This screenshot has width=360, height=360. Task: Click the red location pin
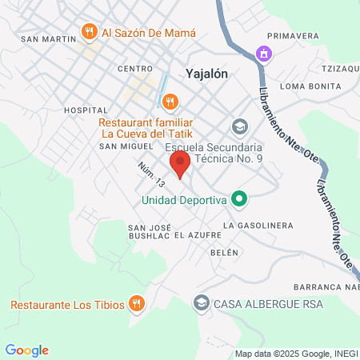(180, 165)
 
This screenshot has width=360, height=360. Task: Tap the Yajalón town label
(207, 73)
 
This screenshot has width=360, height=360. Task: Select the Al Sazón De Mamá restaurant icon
(89, 33)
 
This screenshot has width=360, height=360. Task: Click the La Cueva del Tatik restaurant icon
(169, 102)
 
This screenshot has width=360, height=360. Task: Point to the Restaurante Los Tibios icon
(137, 303)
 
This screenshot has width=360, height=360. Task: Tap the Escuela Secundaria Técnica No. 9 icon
(238, 126)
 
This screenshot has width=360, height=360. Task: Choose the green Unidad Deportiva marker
(238, 198)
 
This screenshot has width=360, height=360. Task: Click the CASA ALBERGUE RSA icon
(202, 303)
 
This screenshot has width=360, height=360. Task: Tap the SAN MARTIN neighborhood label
(43, 38)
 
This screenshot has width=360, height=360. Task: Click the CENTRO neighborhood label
(134, 69)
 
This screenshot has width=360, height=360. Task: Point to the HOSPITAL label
(85, 110)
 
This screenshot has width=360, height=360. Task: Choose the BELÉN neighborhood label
(224, 252)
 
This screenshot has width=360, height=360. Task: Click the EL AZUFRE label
(195, 235)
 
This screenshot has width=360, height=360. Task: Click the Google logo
(27, 350)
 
